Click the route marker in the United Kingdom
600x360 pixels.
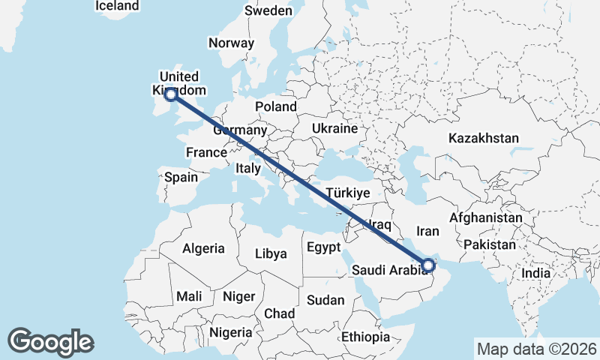[171, 94]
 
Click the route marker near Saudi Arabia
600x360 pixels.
[427, 265]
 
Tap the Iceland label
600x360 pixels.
[117, 6]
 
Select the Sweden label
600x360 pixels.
[268, 10]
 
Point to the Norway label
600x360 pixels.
[232, 43]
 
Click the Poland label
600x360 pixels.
[275, 106]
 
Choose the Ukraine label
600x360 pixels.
[335, 128]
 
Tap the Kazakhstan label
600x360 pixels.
[483, 138]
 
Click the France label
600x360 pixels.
[206, 152]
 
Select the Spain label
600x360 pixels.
[181, 178]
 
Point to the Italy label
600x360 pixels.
[247, 168]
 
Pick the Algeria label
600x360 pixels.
[203, 248]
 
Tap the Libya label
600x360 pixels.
[271, 253]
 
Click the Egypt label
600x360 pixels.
[323, 247]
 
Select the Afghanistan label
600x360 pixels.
[485, 217]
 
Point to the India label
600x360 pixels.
[535, 273]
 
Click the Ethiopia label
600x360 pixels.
[365, 337]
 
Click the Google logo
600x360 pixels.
[50, 342]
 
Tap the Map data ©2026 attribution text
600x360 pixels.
[536, 349]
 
